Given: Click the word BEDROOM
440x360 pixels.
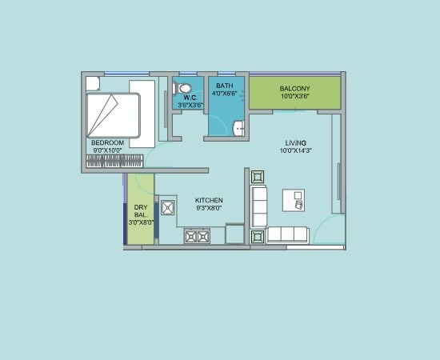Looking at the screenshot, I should coord(108,142).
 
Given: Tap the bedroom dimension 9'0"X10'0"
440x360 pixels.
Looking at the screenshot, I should coord(108,150).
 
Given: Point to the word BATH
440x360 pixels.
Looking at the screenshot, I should coord(224,85).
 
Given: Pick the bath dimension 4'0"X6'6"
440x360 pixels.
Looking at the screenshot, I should coord(224,93).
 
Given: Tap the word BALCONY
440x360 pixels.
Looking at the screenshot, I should coord(295,88).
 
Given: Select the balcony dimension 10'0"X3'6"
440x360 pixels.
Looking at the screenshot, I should coord(295,96).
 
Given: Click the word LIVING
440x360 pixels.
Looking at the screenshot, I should coord(296,142).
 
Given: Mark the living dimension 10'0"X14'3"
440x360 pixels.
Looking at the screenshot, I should coord(296,150).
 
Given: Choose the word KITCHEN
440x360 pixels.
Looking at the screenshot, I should coord(210,200).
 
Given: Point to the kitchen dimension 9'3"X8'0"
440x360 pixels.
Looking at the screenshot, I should coord(210,208).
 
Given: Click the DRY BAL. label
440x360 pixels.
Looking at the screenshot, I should coord(140,214).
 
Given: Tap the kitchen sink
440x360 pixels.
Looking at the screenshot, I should coord(168,208).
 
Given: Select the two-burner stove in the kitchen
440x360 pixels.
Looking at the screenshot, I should coord(197,236).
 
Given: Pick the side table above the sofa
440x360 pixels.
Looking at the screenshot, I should coord(258,177).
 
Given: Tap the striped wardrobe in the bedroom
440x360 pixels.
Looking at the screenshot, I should coord(116,161).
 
